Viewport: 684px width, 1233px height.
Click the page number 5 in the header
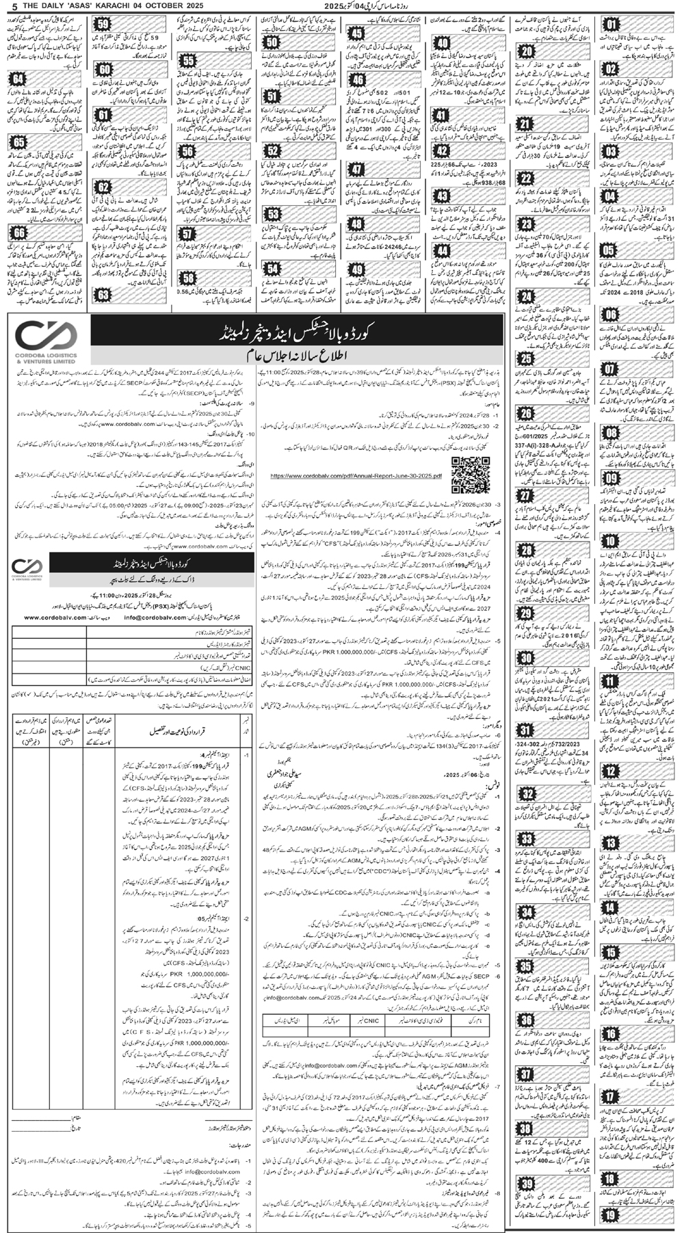(6, 6)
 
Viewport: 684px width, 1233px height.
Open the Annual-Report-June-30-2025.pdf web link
(356, 474)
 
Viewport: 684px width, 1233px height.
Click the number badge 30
(527, 659)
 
